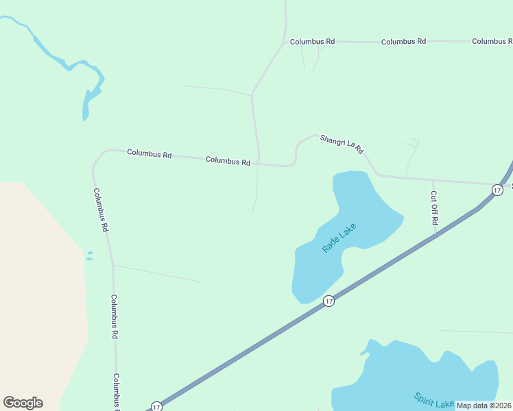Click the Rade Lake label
tap(339, 238)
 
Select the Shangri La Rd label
tap(341, 143)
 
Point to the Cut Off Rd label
tap(433, 208)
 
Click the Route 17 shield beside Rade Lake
tap(329, 301)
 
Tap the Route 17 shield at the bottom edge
tap(156, 406)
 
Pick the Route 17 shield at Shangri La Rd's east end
tap(497, 188)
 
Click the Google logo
tap(23, 403)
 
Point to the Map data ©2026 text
tap(484, 406)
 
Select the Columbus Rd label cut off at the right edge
tap(492, 41)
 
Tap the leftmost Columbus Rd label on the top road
tap(312, 41)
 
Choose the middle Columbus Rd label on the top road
tap(403, 41)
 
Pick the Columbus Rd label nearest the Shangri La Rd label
tap(228, 161)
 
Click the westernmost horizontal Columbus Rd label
tap(149, 153)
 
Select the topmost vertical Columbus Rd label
tap(102, 209)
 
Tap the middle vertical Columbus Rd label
tap(115, 316)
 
